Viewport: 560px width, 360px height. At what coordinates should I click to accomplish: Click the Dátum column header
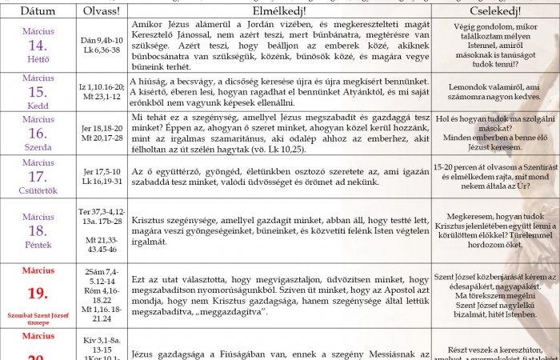[38, 11]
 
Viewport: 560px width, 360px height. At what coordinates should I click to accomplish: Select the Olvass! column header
[101, 11]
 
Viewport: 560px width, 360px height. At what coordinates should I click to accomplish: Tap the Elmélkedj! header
[278, 11]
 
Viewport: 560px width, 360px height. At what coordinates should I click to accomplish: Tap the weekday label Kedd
[38, 105]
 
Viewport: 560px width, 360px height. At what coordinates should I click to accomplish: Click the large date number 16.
[38, 134]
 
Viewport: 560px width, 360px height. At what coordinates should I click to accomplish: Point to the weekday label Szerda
[38, 148]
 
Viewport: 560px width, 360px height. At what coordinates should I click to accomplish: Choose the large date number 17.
[38, 177]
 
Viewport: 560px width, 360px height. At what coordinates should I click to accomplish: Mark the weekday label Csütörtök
[38, 191]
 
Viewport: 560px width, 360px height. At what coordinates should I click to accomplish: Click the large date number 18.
[38, 230]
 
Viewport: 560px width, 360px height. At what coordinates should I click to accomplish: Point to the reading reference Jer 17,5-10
[101, 171]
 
